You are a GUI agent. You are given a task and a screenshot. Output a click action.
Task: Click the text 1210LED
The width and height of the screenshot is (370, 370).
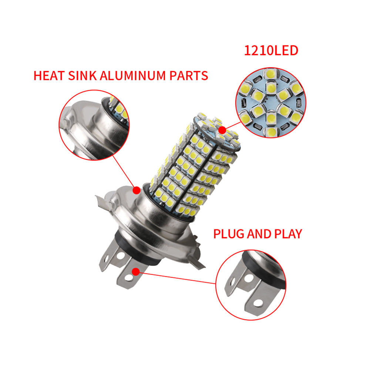click(x=271, y=50)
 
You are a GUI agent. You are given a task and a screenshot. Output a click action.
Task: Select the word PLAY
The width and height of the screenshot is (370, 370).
click(x=287, y=234)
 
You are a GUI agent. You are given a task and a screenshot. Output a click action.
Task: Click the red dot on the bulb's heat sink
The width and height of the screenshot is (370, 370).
click(x=137, y=190)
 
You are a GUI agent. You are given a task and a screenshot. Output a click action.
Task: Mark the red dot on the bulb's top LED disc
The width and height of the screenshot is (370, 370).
click(x=222, y=130)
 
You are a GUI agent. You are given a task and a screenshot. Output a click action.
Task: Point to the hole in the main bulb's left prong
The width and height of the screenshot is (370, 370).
click(x=119, y=256)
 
